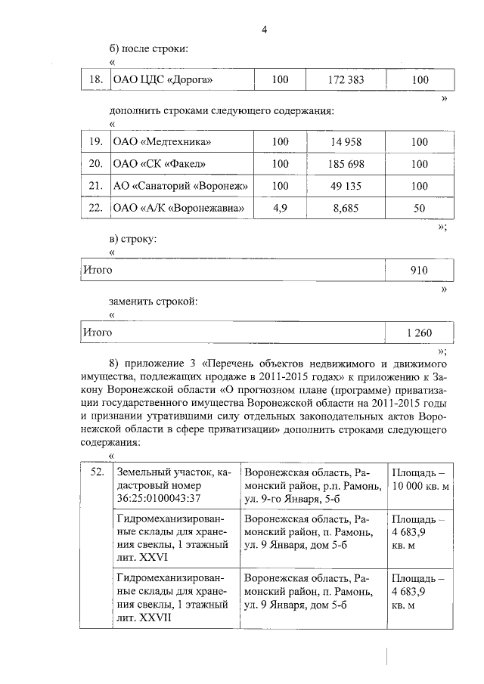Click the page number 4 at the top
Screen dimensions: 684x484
pos(265,29)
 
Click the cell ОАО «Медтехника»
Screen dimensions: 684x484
pos(161,141)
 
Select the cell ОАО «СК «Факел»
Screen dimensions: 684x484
pos(157,163)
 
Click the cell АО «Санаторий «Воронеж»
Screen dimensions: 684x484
pos(181,186)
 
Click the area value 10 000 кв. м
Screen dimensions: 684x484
pos(420,485)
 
